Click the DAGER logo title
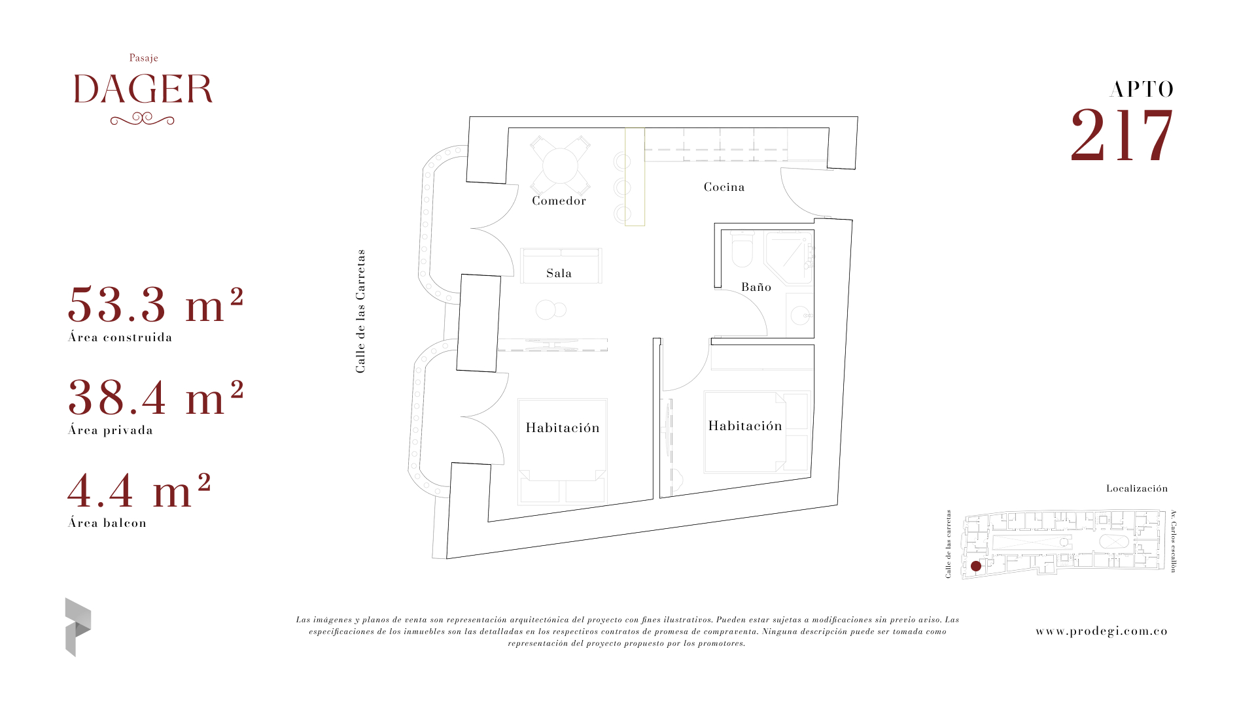[x=143, y=90]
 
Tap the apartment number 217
[x=1122, y=135]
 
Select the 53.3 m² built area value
[x=156, y=305]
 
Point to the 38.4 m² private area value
[x=156, y=397]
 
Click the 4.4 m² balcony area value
[x=139, y=490]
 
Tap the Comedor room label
[x=559, y=201]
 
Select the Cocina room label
[x=724, y=187]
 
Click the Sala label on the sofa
[x=559, y=273]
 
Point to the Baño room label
[x=756, y=287]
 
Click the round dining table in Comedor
[x=561, y=166]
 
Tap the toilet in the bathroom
[x=742, y=249]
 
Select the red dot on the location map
[x=976, y=566]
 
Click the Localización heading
[x=1137, y=488]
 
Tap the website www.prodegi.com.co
[x=1102, y=631]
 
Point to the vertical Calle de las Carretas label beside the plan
[x=360, y=311]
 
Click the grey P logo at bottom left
[x=78, y=627]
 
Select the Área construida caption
[x=120, y=337]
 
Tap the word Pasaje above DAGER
[x=144, y=58]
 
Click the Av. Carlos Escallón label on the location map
[x=1174, y=541]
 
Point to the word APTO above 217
[x=1142, y=90]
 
